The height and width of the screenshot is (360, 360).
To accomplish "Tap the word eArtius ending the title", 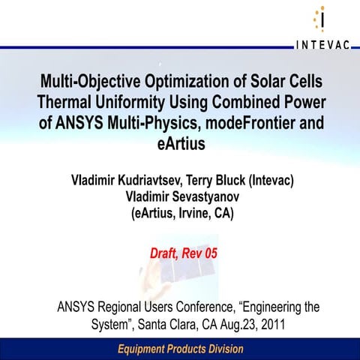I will click(180, 145).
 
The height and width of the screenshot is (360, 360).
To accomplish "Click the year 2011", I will click(271, 325).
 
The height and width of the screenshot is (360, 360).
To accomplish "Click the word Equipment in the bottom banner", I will click(145, 350).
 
